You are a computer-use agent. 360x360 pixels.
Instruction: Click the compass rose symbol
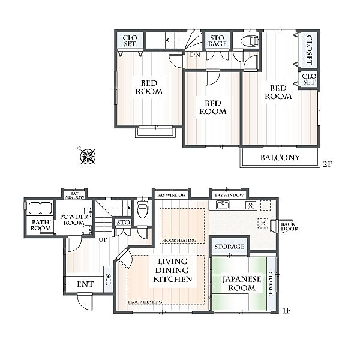click(88, 157)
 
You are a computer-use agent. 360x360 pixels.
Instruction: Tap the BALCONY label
click(280, 157)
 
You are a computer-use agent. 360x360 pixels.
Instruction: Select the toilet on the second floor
click(250, 41)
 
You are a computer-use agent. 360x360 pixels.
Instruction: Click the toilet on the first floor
click(143, 209)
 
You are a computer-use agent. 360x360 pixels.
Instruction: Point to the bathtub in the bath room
click(40, 208)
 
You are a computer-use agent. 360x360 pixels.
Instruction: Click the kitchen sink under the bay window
click(223, 205)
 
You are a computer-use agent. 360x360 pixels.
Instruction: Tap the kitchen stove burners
click(251, 205)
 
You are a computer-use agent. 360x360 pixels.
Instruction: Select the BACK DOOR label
click(289, 227)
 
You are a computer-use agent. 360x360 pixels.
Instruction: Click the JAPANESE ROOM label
click(242, 283)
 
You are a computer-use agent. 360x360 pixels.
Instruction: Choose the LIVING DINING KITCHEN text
click(173, 270)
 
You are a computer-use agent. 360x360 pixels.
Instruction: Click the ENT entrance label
click(85, 284)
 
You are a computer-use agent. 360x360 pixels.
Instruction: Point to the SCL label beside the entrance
click(109, 279)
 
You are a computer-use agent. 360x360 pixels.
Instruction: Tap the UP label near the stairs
click(103, 239)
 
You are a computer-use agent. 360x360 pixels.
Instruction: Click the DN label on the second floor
click(195, 55)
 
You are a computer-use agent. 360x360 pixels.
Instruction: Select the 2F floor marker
click(328, 164)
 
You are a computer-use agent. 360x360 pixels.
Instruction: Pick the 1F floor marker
click(286, 311)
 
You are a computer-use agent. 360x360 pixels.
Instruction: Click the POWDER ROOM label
click(74, 220)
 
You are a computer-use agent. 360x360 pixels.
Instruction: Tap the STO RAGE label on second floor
click(217, 41)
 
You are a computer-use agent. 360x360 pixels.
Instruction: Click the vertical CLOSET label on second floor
click(309, 50)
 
